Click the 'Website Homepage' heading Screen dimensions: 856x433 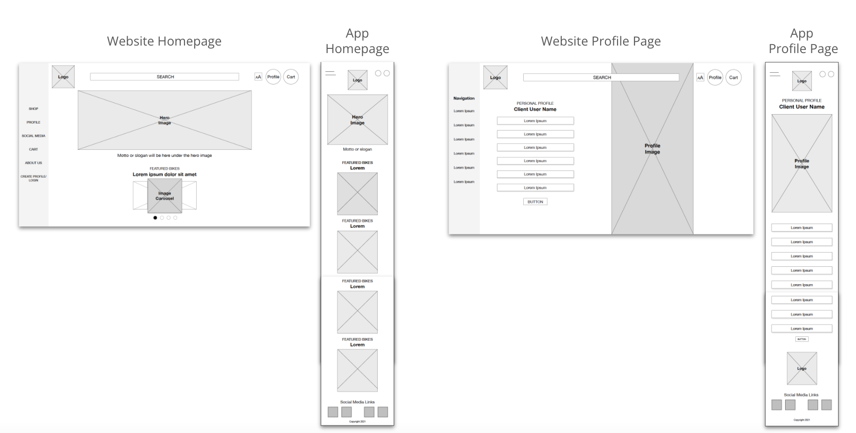pos(164,41)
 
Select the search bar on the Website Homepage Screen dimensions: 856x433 pos(164,77)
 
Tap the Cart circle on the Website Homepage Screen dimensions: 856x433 pos(291,77)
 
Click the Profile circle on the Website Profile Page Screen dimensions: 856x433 pos(715,77)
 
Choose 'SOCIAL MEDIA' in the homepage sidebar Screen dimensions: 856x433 pos(33,136)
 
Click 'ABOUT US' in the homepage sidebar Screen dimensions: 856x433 pos(33,163)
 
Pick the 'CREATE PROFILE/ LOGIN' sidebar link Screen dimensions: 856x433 pos(33,178)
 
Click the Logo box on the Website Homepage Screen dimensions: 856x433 pos(63,77)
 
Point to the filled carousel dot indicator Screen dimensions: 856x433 pos(155,218)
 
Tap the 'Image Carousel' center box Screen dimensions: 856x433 pos(165,196)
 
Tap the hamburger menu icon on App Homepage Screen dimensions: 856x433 pos(330,74)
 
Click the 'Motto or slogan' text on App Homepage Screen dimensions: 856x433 pos(357,149)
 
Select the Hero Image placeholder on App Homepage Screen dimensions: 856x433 pos(357,120)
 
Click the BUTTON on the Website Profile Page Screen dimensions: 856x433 pos(535,201)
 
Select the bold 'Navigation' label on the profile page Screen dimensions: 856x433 pos(464,98)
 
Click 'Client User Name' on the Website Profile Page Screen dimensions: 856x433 pos(535,109)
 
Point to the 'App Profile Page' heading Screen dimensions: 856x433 pos(802,41)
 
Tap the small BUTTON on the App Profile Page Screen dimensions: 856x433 pos(802,339)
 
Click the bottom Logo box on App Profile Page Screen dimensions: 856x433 pos(802,368)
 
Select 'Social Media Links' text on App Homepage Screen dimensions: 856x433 pos(357,402)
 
